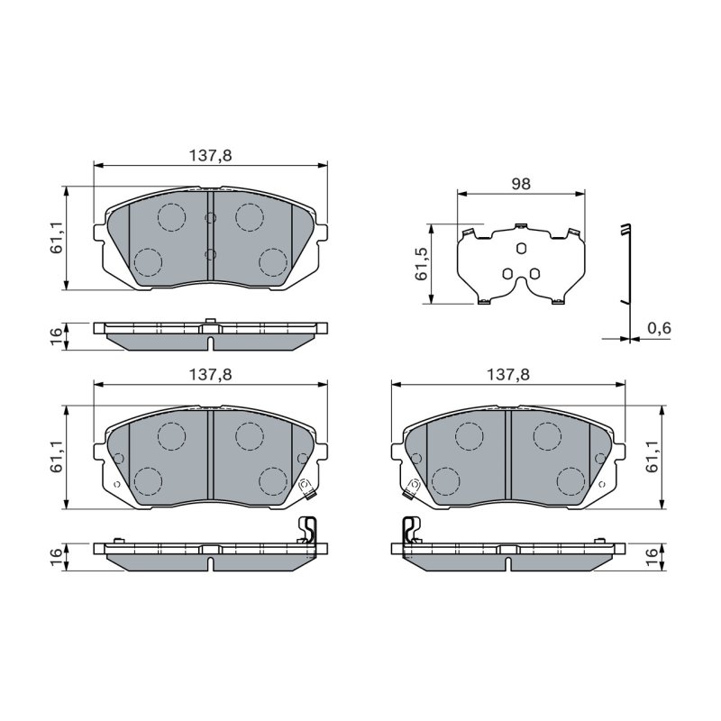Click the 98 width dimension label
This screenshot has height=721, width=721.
point(521,184)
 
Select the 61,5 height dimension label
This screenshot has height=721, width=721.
point(422,264)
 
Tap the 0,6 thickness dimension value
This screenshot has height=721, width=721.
point(659,328)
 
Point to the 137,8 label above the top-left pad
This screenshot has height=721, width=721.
point(211,156)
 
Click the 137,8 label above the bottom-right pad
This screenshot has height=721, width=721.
point(508,375)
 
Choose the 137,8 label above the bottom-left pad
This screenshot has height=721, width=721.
point(211,375)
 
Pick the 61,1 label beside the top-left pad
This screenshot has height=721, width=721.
point(56,237)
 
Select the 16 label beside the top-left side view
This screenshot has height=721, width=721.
point(56,336)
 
